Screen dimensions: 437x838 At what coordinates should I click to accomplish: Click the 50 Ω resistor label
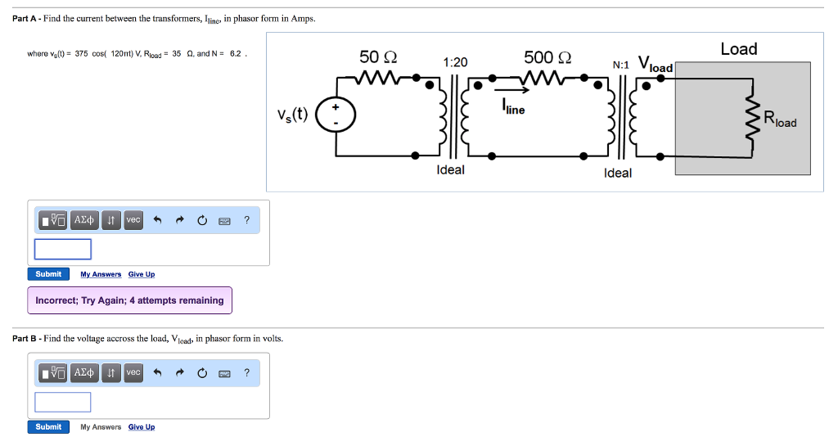click(x=378, y=57)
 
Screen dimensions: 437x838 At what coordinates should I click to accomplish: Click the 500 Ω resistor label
click(x=547, y=57)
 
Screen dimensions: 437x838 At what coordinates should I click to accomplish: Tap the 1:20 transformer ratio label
click(x=455, y=62)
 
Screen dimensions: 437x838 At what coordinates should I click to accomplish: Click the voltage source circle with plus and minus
click(x=335, y=115)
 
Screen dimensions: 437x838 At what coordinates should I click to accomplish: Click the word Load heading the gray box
click(x=738, y=49)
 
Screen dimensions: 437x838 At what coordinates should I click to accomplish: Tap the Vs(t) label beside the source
click(x=293, y=114)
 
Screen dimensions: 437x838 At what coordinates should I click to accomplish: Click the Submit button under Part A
click(x=48, y=274)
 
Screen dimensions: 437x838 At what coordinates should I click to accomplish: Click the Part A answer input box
click(x=63, y=249)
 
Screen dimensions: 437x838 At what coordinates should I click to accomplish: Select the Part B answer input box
click(x=63, y=402)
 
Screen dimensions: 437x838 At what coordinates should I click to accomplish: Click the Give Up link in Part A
click(x=142, y=274)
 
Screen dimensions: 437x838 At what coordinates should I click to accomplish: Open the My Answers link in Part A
click(x=101, y=274)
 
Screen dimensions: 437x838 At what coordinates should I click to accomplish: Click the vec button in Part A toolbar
click(x=133, y=220)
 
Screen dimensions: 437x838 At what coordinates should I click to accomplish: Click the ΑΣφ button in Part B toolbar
click(x=84, y=373)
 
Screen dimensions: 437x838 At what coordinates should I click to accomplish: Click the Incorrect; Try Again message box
click(x=129, y=300)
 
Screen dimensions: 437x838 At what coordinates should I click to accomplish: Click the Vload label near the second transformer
click(x=655, y=65)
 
